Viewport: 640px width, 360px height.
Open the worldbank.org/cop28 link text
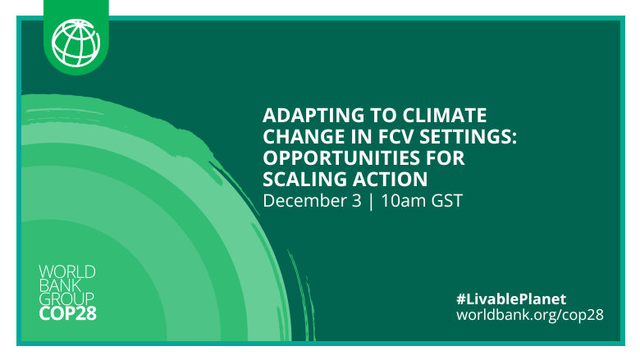coord(529,315)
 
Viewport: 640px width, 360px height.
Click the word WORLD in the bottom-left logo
coord(67,271)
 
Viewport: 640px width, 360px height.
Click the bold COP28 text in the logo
coord(67,313)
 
